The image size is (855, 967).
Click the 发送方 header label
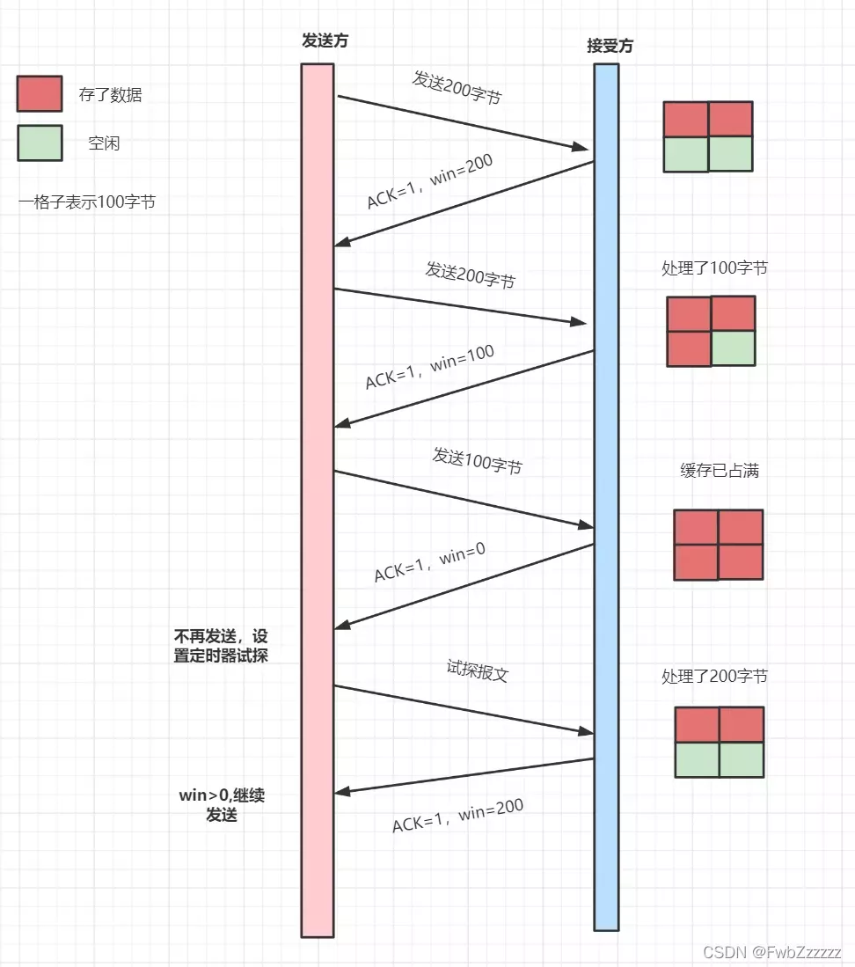click(x=318, y=41)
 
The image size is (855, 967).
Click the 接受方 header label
click(x=610, y=47)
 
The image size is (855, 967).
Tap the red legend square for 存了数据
click(x=40, y=94)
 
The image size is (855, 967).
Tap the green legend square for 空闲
click(x=40, y=143)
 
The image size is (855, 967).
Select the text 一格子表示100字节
click(x=87, y=201)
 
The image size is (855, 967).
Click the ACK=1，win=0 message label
click(x=430, y=561)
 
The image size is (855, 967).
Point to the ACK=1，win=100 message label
click(x=430, y=367)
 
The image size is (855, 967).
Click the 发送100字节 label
click(x=477, y=460)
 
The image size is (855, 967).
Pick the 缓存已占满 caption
click(x=720, y=471)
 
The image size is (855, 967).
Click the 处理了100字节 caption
click(x=714, y=267)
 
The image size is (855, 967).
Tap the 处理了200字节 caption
click(x=714, y=677)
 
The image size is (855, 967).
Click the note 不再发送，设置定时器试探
click(x=221, y=645)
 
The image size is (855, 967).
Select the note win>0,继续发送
click(x=222, y=804)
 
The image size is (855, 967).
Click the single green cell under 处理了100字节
click(x=733, y=348)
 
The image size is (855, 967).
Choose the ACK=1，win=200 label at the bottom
click(x=457, y=816)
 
